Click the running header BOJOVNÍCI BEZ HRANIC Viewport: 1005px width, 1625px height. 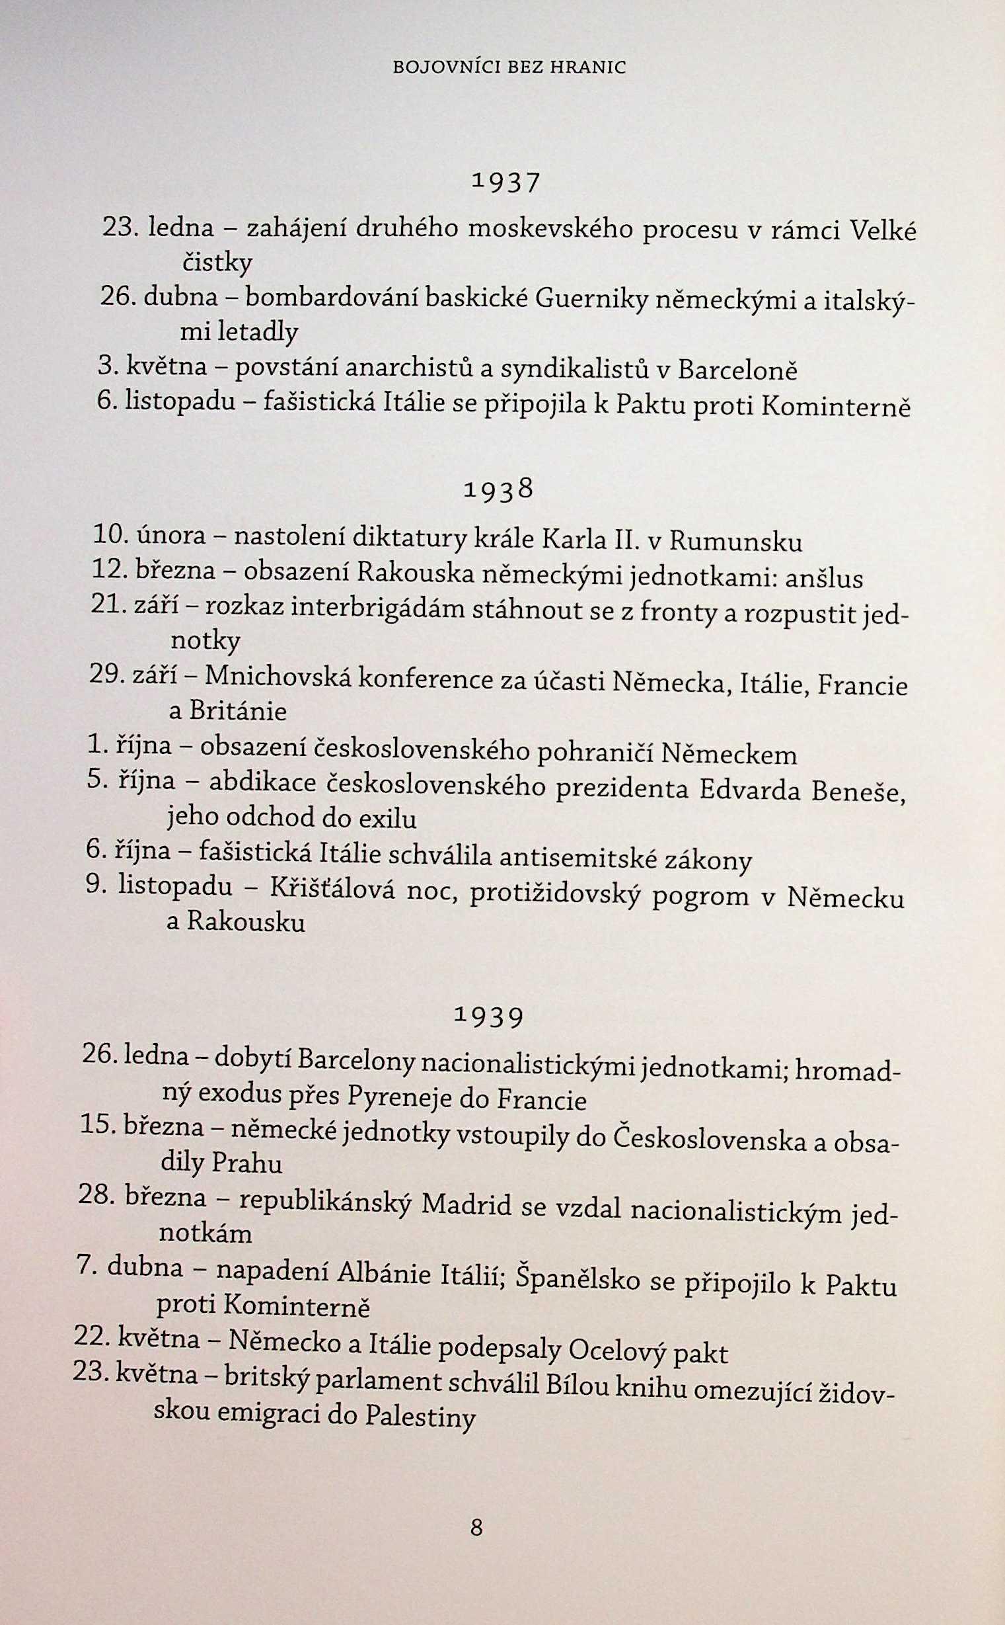(509, 67)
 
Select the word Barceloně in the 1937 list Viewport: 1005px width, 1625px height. (737, 370)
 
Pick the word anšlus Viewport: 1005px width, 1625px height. (824, 579)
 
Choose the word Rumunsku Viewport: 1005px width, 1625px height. (736, 542)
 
